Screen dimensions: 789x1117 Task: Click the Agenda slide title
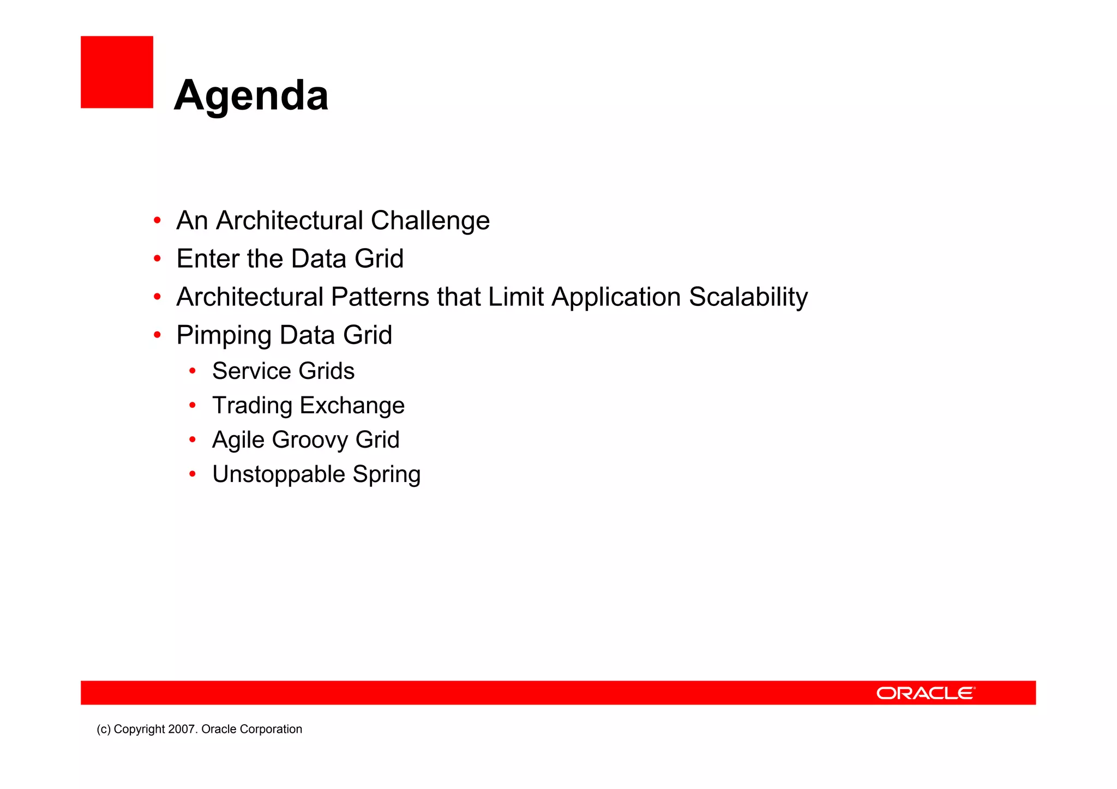coord(251,95)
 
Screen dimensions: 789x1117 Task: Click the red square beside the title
coord(117,72)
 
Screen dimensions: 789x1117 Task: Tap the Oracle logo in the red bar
coord(926,693)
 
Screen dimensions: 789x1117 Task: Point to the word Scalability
coord(748,298)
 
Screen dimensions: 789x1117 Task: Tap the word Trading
coord(252,406)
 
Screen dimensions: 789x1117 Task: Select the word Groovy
coord(310,441)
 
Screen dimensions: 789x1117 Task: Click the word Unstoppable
coord(278,475)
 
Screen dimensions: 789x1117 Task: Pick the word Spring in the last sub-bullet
coord(386,475)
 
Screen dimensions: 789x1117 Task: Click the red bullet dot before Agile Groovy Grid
coord(192,439)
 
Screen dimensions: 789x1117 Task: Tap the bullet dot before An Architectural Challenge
coord(157,220)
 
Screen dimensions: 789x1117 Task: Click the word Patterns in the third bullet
coord(380,298)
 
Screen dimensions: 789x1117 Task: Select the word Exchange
coord(352,406)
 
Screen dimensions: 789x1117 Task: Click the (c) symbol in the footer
coord(104,730)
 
